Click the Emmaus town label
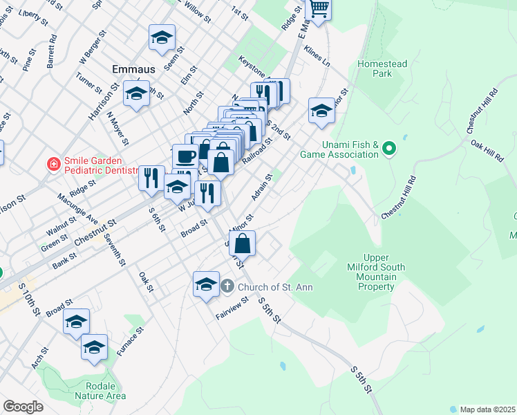tap(130, 69)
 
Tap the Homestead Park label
tap(382, 68)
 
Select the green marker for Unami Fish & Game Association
tap(389, 147)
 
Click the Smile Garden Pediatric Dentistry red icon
tap(53, 164)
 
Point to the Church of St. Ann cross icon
tap(228, 286)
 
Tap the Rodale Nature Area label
tap(106, 390)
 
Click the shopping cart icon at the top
tap(319, 9)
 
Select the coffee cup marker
tap(184, 156)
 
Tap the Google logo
tap(23, 407)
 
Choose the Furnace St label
tap(130, 341)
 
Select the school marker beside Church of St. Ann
tap(206, 284)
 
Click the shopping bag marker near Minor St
tap(242, 243)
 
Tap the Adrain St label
tap(262, 187)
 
